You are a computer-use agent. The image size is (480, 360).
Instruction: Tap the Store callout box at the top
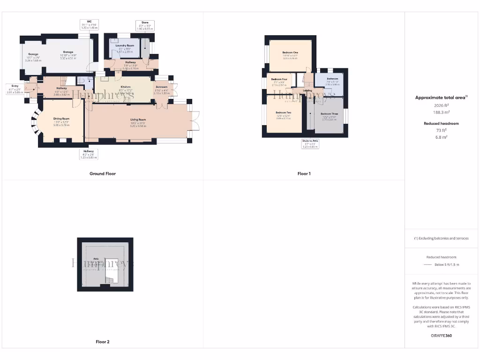pos(145,26)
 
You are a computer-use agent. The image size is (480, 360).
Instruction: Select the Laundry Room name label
pos(125,45)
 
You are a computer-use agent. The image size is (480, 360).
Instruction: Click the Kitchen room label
pos(125,87)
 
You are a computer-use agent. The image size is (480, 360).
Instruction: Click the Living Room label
pos(138,120)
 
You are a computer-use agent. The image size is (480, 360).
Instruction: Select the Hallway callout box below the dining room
pos(88,153)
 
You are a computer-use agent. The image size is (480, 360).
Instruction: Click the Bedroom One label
pos(290,52)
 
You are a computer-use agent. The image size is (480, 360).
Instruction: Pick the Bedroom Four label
pos(279,80)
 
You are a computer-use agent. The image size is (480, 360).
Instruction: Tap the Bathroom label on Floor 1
pos(332,79)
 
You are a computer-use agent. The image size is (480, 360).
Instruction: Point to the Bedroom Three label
pos(329,114)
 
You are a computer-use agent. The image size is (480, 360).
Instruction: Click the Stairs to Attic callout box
pos(310,143)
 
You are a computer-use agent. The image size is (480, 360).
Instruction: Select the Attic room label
pos(96,258)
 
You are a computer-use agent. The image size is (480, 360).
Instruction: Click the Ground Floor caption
pos(103,173)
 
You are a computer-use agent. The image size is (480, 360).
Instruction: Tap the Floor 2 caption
pos(103,342)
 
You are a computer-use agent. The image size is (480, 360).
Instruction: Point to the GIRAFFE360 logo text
pos(442,336)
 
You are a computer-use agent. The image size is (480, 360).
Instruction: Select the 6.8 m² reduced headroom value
pos(442,137)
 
